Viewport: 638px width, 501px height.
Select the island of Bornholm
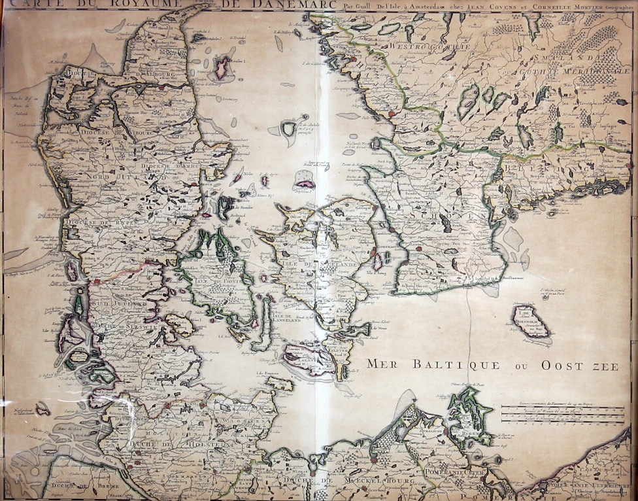[530, 322]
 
